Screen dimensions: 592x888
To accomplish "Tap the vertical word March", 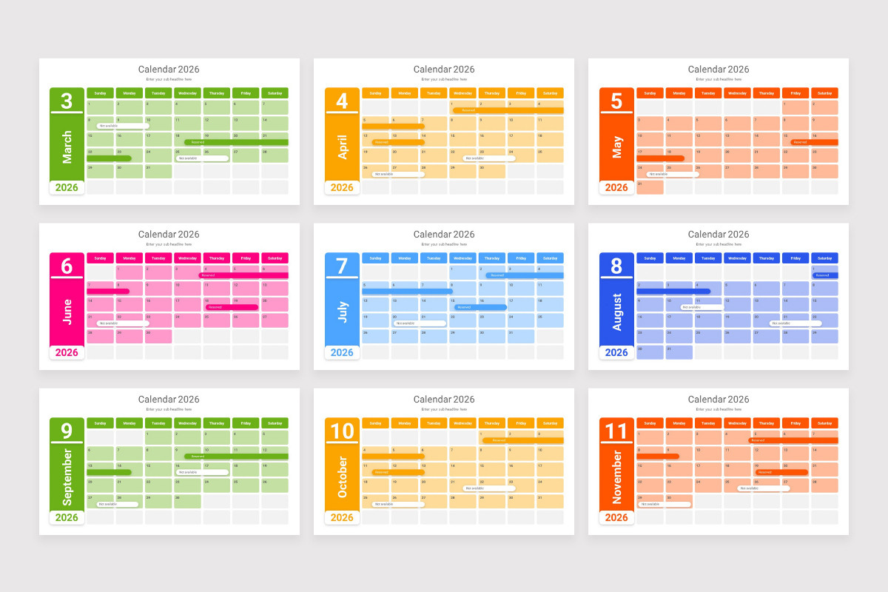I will [x=67, y=147].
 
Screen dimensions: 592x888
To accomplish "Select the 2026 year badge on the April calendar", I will [x=342, y=188].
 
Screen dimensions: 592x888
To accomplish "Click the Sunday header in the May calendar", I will [x=650, y=93].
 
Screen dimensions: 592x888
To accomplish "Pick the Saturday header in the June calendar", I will [x=275, y=258].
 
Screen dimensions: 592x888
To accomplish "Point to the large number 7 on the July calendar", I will [x=342, y=266].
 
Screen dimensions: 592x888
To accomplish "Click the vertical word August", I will [x=617, y=312].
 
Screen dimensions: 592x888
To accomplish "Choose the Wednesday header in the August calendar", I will [x=737, y=258].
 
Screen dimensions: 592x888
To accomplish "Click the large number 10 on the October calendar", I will [x=342, y=431].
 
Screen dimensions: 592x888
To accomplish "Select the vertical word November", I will [x=617, y=477].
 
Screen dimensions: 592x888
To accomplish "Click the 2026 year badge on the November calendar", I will [x=616, y=518].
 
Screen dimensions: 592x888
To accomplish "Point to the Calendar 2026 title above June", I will [x=169, y=235].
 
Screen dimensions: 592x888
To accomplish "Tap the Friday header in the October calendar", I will [x=521, y=423].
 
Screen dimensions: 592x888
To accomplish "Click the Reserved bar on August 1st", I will [x=824, y=275].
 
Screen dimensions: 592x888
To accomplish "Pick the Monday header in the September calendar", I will [x=129, y=423].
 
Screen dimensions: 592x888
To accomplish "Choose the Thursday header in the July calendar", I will [x=492, y=258].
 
